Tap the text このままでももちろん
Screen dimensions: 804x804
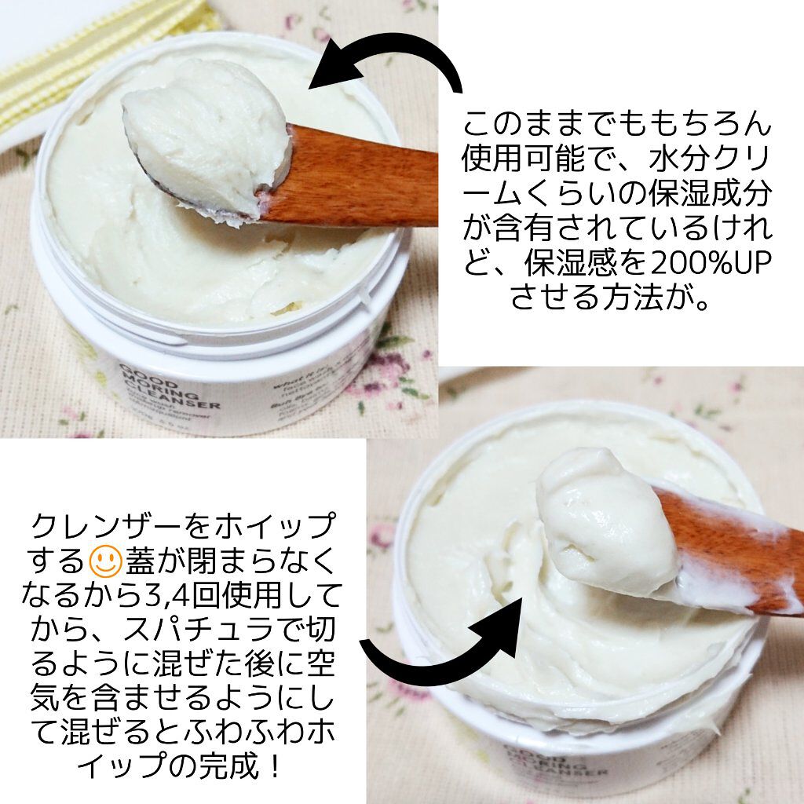point(616,126)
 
